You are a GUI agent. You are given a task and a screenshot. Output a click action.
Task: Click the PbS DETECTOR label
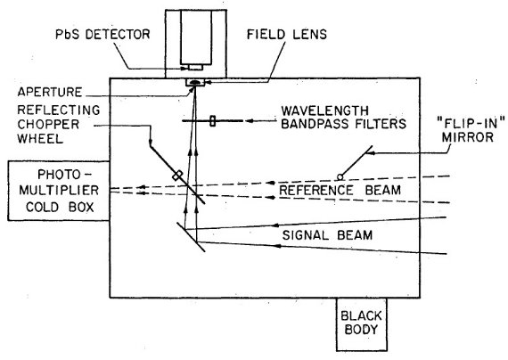[102, 35]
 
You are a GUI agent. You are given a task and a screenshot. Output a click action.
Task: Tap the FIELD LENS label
[287, 35]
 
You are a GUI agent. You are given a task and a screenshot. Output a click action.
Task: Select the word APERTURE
[50, 92]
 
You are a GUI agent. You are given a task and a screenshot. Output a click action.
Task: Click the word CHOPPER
[48, 124]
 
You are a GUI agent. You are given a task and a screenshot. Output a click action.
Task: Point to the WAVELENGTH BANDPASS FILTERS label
[343, 118]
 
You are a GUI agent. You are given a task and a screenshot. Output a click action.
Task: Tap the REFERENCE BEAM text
[340, 190]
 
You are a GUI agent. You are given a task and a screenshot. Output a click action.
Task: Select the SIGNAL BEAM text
[327, 235]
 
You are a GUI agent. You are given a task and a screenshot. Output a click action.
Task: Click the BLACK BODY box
[362, 324]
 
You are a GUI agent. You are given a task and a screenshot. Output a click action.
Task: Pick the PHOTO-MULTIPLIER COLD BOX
[59, 191]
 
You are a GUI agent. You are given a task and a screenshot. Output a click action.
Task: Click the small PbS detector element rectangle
[195, 68]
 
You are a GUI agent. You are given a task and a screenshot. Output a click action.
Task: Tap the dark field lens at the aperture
[194, 83]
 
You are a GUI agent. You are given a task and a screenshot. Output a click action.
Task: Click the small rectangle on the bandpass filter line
[212, 121]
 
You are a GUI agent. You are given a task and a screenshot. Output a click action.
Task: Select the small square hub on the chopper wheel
[177, 176]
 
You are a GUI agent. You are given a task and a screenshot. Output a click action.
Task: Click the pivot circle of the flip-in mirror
[340, 177]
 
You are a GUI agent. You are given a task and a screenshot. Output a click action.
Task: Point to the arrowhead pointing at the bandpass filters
[249, 121]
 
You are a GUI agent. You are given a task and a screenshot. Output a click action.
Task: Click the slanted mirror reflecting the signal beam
[191, 237]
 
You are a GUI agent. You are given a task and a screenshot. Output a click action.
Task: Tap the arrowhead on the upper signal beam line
[277, 225]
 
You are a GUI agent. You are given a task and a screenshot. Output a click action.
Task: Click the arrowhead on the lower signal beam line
[277, 246]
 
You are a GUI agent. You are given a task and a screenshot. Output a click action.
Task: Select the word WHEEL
[40, 139]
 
